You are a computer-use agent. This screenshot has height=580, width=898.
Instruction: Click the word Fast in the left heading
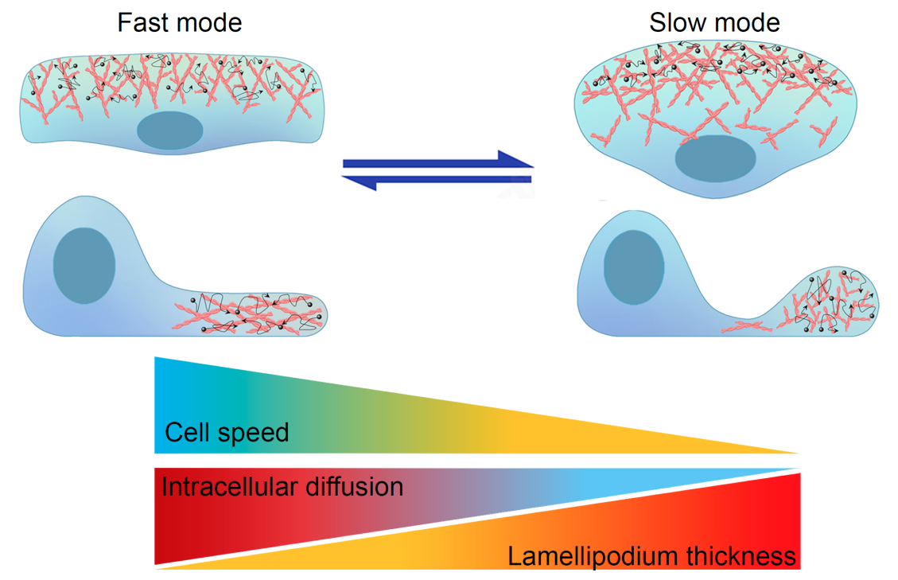tap(143, 22)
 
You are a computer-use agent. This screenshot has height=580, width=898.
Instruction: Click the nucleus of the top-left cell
tap(169, 130)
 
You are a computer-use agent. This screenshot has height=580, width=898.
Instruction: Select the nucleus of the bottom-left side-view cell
tap(84, 265)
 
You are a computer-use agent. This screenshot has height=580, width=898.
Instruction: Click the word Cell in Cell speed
tap(188, 433)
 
